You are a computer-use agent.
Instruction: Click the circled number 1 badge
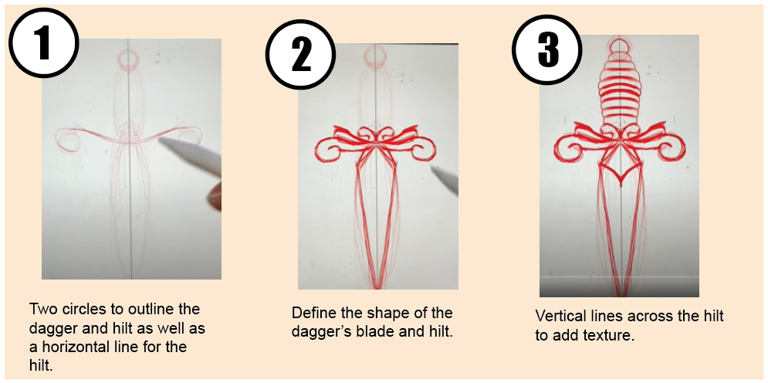[x=43, y=42]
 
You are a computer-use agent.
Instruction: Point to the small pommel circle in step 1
[x=127, y=59]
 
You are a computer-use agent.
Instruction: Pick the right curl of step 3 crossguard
[x=676, y=147]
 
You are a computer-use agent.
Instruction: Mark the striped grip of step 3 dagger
[x=620, y=93]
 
